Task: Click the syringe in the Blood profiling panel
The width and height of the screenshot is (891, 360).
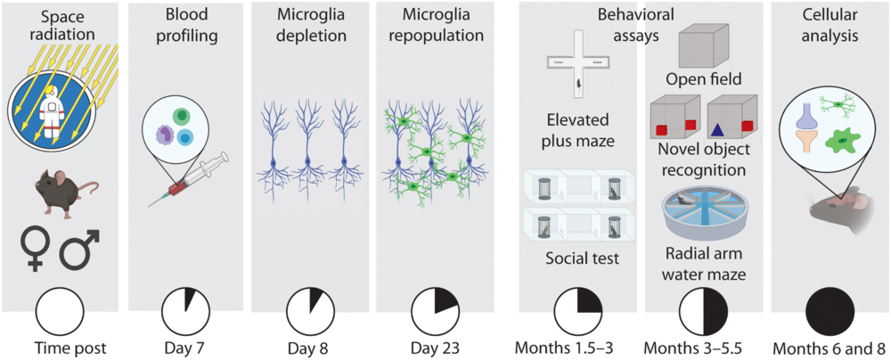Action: pyautogui.click(x=186, y=182)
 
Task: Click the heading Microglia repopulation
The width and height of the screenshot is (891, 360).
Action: pyautogui.click(x=436, y=27)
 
